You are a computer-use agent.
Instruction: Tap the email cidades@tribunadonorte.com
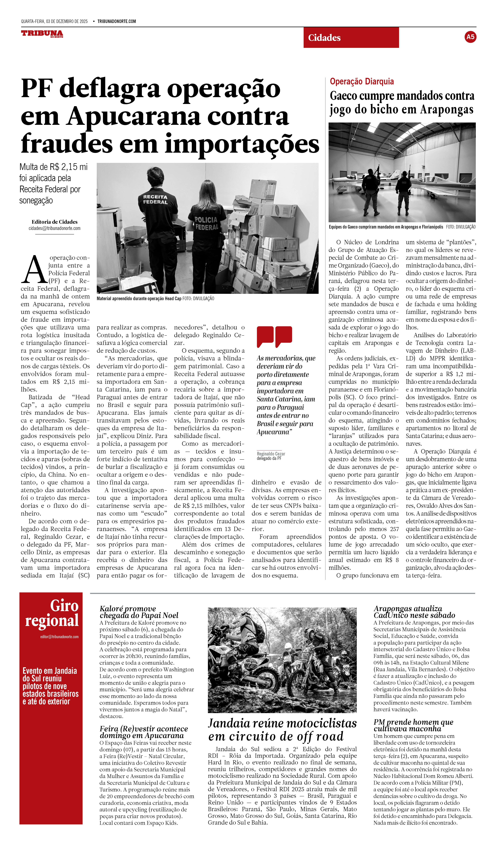click(55, 228)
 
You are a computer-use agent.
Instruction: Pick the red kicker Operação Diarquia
click(362, 82)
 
